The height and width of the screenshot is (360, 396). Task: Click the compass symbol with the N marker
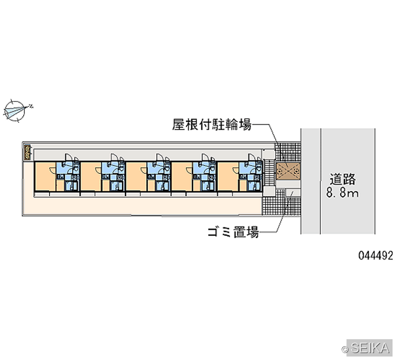click(15, 111)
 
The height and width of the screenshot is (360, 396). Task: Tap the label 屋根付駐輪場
click(212, 124)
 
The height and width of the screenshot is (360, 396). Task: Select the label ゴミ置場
click(233, 232)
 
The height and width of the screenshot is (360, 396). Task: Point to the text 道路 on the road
click(343, 179)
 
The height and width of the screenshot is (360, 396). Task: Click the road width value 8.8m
click(343, 193)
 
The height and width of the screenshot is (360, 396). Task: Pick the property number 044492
click(376, 256)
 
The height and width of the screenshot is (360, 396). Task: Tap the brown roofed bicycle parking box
click(288, 171)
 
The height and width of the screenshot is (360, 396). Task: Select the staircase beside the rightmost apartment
click(269, 173)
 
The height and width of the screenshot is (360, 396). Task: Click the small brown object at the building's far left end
click(27, 153)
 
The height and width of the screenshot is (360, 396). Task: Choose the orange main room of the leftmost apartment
click(46, 176)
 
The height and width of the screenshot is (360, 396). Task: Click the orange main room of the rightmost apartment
click(228, 176)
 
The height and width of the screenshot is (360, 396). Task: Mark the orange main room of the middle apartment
click(137, 176)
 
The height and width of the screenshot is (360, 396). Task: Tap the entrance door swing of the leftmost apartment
click(69, 157)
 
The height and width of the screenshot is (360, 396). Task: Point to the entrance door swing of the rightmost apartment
click(251, 157)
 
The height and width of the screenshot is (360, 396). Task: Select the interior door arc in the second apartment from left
click(98, 170)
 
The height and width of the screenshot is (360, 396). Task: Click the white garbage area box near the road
click(293, 193)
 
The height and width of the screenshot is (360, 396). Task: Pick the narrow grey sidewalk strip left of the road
click(311, 181)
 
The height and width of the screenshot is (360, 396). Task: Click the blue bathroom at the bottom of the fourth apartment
click(208, 186)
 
